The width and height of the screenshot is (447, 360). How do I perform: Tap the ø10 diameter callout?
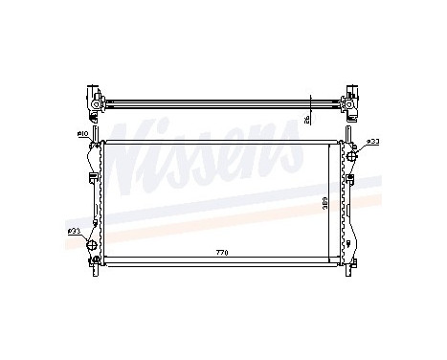(83, 132)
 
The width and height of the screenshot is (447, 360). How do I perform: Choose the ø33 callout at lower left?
(73, 231)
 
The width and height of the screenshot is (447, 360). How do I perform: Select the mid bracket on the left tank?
(91, 177)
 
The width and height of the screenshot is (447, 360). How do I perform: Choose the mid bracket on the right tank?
(351, 177)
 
